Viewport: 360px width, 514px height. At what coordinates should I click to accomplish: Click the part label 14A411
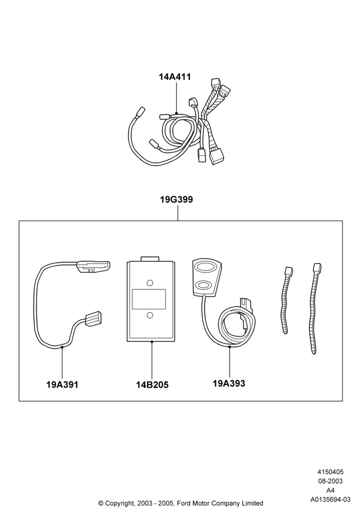pyautogui.click(x=175, y=77)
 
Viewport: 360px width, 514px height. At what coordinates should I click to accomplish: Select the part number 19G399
pyautogui.click(x=176, y=199)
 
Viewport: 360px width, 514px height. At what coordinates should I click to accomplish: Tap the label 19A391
pyautogui.click(x=62, y=384)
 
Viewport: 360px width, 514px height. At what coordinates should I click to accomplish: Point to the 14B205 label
pyautogui.click(x=152, y=385)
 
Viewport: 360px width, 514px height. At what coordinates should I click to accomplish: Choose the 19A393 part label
pyautogui.click(x=229, y=383)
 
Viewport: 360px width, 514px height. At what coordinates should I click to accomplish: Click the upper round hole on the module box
pyautogui.click(x=150, y=283)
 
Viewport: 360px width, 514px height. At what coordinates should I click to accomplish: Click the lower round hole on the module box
pyautogui.click(x=150, y=315)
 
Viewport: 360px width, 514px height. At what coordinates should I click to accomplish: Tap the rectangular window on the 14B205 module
pyautogui.click(x=149, y=299)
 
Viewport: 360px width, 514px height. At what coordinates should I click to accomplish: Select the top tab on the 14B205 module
pyautogui.click(x=150, y=259)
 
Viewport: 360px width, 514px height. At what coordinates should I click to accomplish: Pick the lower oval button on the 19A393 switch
pyautogui.click(x=205, y=284)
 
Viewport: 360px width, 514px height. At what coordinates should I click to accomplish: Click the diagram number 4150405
pyautogui.click(x=330, y=472)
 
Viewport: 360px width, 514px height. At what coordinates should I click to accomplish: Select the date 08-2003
pyautogui.click(x=330, y=481)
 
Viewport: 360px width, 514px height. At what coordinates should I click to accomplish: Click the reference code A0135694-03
pyautogui.click(x=331, y=500)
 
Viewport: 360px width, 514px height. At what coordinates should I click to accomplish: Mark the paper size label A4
pyautogui.click(x=330, y=490)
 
